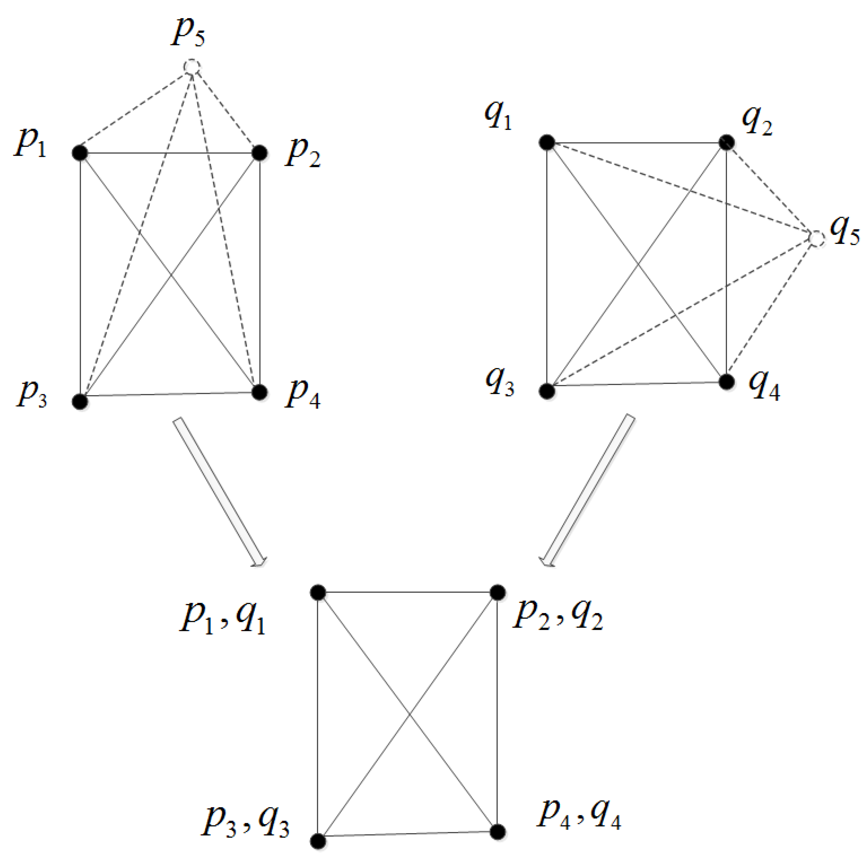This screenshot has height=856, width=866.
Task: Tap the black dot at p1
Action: tap(80, 153)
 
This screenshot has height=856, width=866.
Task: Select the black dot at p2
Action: tap(260, 153)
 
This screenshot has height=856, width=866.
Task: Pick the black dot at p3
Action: tap(80, 401)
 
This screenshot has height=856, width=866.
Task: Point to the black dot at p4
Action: tap(260, 392)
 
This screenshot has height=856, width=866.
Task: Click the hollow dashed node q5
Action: tap(817, 239)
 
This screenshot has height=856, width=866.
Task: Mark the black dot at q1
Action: tap(547, 142)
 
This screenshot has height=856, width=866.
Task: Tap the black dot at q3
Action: tap(547, 391)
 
